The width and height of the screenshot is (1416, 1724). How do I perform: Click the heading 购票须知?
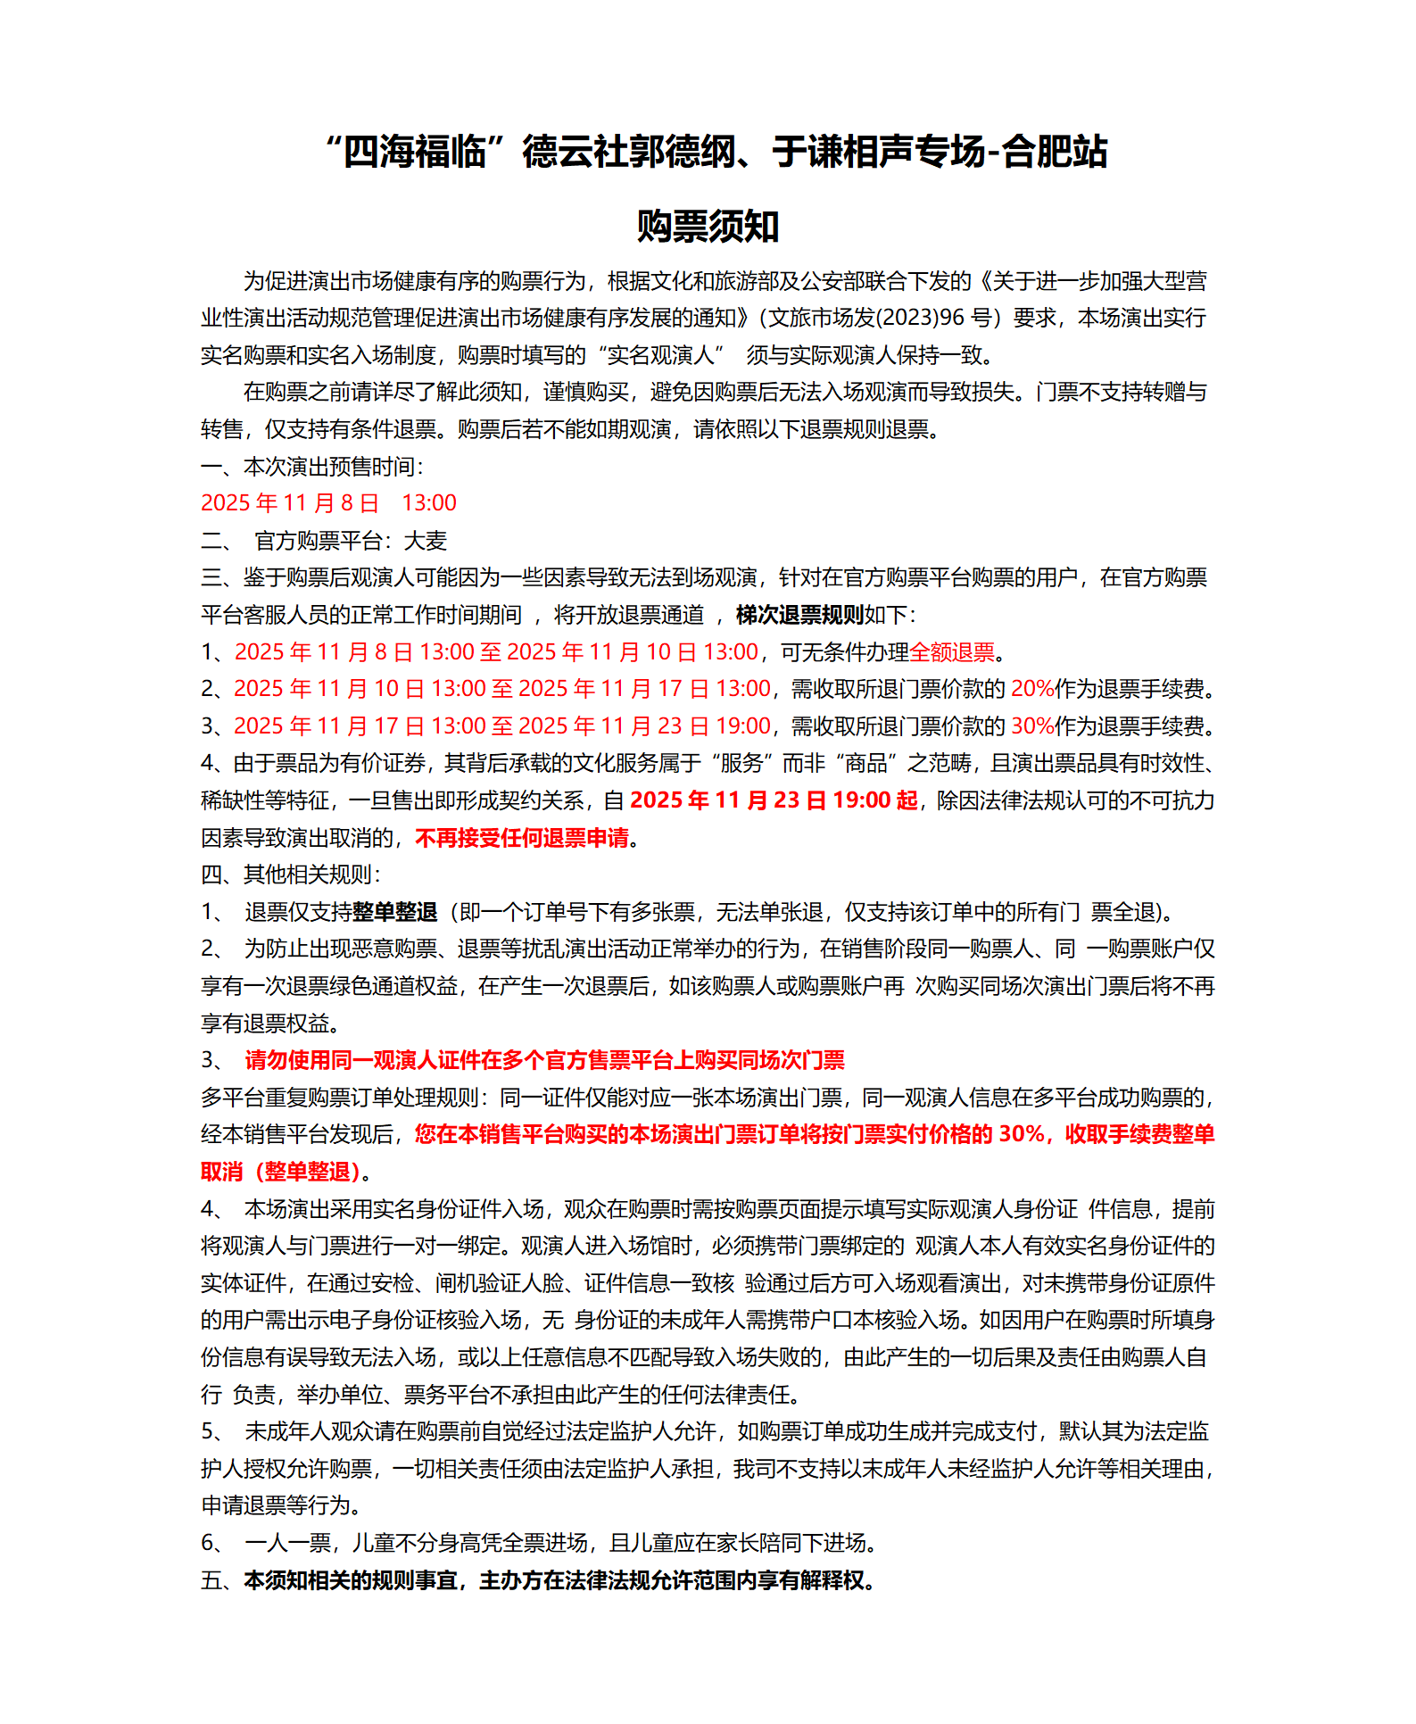click(x=708, y=226)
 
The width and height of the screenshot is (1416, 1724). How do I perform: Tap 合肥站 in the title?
click(x=1055, y=152)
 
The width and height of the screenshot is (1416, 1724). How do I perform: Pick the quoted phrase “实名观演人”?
click(x=660, y=355)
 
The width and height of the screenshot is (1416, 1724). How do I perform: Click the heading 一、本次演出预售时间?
click(x=311, y=467)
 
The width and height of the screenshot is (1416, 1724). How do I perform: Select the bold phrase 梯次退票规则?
click(x=799, y=615)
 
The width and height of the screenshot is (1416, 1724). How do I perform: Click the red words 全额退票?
click(x=952, y=652)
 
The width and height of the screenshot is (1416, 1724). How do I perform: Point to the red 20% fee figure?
click(x=1032, y=689)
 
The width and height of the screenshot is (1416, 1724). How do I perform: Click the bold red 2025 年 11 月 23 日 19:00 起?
click(x=774, y=800)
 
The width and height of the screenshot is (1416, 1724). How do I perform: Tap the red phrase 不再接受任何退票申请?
click(x=522, y=838)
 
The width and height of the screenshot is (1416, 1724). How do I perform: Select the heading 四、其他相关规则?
click(x=290, y=874)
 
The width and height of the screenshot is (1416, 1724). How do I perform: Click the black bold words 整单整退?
click(x=395, y=912)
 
